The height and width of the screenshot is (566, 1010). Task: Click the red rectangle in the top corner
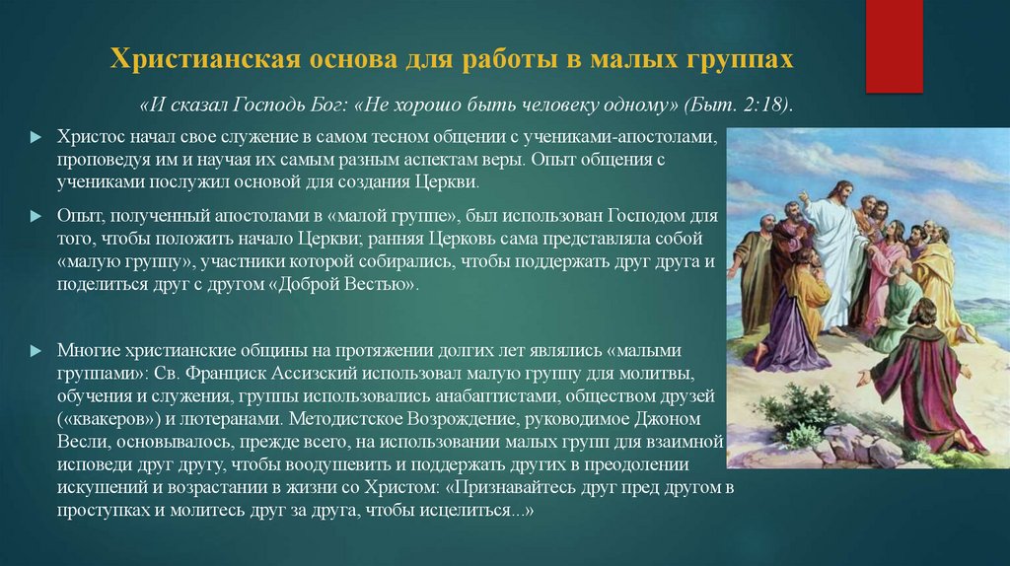(894, 45)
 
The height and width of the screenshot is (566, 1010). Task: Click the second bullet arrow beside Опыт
(36, 214)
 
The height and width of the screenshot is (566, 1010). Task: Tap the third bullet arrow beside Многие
(36, 351)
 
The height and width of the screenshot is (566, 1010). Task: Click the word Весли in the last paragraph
(79, 443)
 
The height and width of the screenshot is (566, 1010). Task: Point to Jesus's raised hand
(801, 196)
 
